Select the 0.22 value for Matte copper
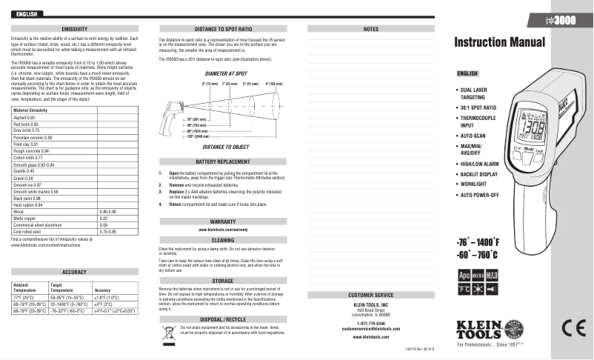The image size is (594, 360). [104, 219]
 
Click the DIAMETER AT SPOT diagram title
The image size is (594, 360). [226, 75]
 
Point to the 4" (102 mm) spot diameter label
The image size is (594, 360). [273, 84]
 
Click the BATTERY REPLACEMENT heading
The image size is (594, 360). [223, 161]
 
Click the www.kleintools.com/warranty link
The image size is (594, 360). [223, 230]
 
